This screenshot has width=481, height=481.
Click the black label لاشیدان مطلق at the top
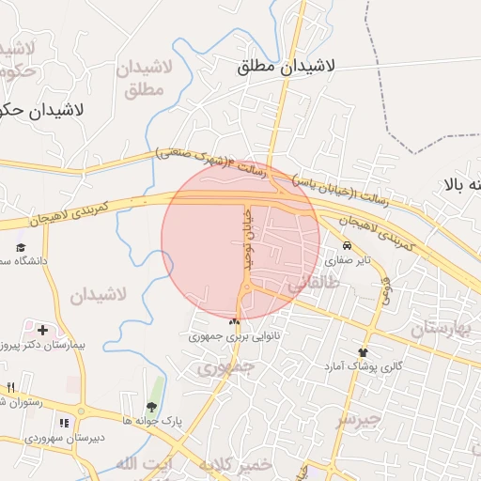pos(287,67)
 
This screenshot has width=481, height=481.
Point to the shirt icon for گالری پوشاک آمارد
pos(362,352)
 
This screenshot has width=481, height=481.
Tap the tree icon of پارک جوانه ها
pos(151,407)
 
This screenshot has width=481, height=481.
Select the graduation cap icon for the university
pos(21,246)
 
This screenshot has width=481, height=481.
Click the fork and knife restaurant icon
pos(10,387)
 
